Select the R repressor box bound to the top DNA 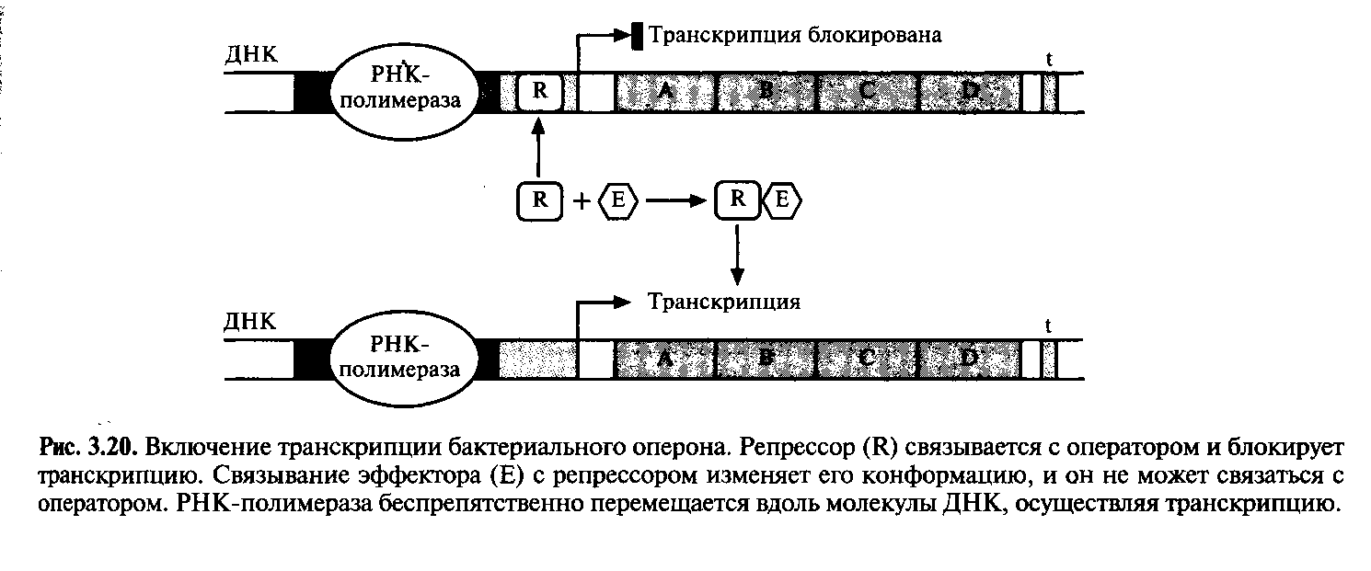(x=540, y=92)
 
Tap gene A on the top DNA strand (x=664, y=93)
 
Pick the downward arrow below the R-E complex (x=737, y=252)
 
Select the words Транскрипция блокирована (x=796, y=35)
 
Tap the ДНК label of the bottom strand (x=250, y=322)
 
